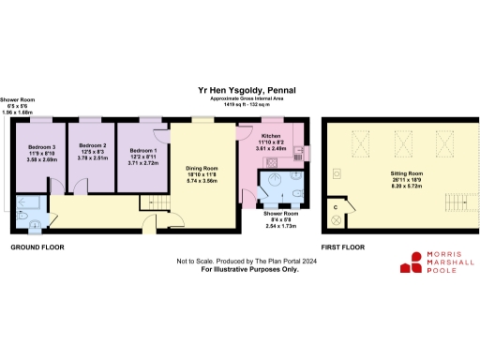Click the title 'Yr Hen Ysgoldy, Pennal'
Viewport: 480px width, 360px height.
tap(242, 90)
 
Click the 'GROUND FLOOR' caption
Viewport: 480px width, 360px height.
tap(37, 247)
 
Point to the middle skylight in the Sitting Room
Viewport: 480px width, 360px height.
tap(404, 142)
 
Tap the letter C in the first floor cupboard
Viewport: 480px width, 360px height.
tap(334, 203)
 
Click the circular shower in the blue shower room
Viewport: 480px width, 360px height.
tap(278, 182)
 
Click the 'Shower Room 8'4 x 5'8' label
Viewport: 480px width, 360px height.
tap(280, 221)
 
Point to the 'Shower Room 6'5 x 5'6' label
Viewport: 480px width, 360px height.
tap(16, 106)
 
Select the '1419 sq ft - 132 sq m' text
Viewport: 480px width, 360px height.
tap(242, 105)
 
